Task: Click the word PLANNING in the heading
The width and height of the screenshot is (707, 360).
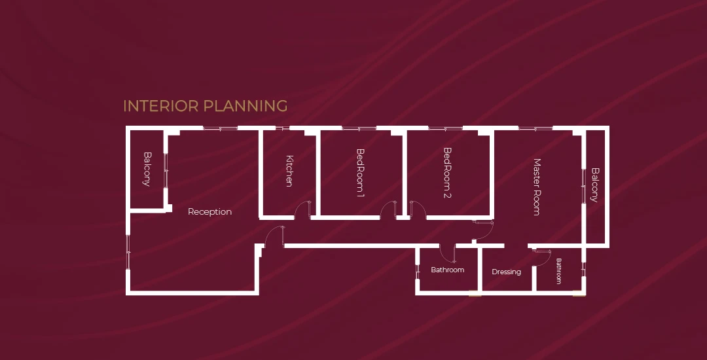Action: (x=245, y=106)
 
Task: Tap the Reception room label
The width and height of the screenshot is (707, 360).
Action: (x=209, y=212)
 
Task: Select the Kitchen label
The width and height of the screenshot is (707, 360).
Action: (x=289, y=171)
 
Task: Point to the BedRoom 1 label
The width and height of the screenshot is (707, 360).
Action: (x=360, y=173)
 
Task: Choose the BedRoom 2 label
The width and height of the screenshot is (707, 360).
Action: (x=447, y=173)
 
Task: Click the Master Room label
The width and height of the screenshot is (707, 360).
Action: (x=537, y=187)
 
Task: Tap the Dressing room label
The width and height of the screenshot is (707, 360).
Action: (x=506, y=272)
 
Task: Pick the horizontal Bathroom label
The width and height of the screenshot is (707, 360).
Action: (x=447, y=270)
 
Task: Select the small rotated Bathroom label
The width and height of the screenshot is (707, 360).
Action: (x=558, y=271)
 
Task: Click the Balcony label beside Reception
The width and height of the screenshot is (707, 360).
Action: (x=147, y=169)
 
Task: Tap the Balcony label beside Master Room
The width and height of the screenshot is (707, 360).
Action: (x=594, y=185)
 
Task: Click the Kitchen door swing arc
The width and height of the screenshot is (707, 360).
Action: (x=300, y=208)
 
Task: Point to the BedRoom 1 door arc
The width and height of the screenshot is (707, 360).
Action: (x=386, y=208)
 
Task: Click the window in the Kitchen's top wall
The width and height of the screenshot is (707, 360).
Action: (x=282, y=128)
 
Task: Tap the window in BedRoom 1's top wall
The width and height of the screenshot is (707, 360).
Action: (x=359, y=128)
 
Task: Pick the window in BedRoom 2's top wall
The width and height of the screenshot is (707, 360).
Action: (x=446, y=128)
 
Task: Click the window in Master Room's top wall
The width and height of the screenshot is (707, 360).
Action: (x=535, y=128)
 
